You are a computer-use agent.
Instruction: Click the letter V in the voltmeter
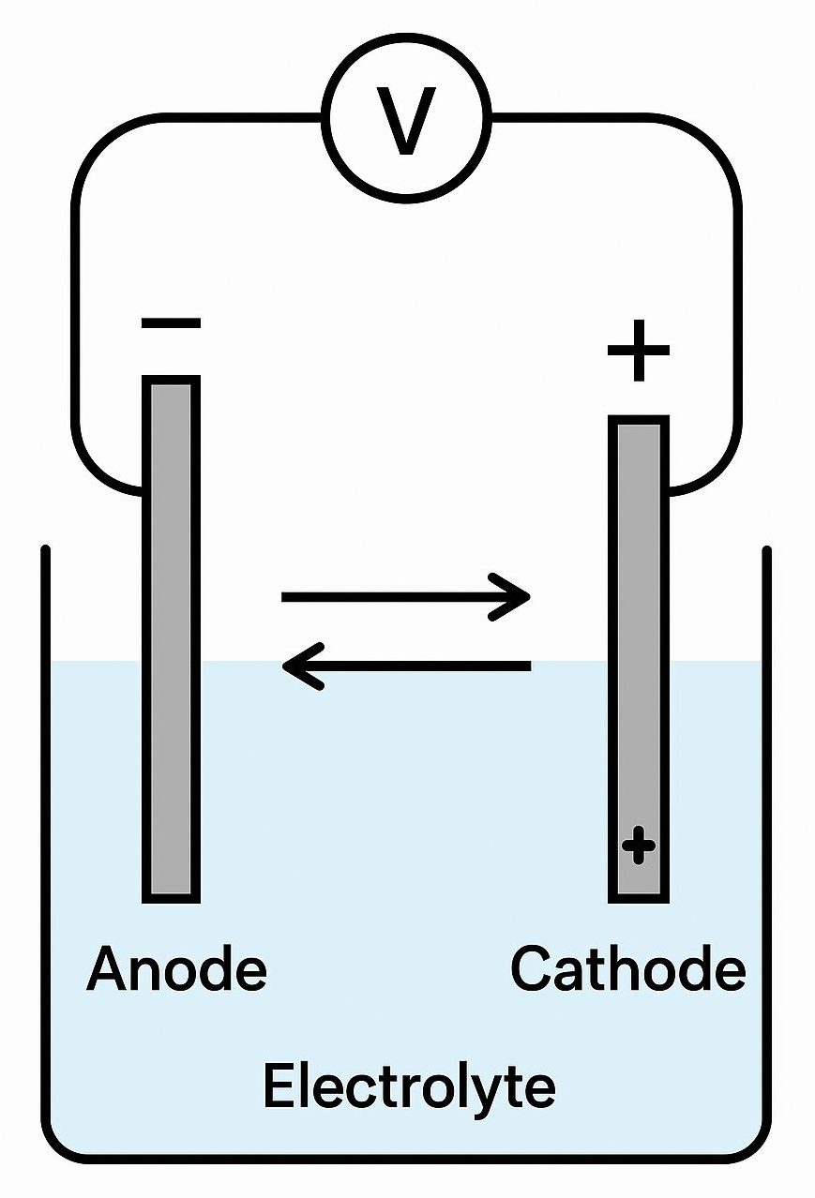tap(406, 121)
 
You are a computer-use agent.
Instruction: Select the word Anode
tap(176, 968)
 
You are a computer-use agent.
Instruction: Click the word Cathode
tap(628, 968)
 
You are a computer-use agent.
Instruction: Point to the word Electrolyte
tap(409, 1086)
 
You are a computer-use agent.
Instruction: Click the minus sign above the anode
tap(171, 323)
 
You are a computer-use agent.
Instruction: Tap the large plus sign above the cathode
tap(639, 351)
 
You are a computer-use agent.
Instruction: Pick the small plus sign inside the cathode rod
tap(639, 845)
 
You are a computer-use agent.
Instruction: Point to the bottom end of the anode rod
tap(171, 902)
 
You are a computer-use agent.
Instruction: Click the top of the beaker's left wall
tap(45, 550)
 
